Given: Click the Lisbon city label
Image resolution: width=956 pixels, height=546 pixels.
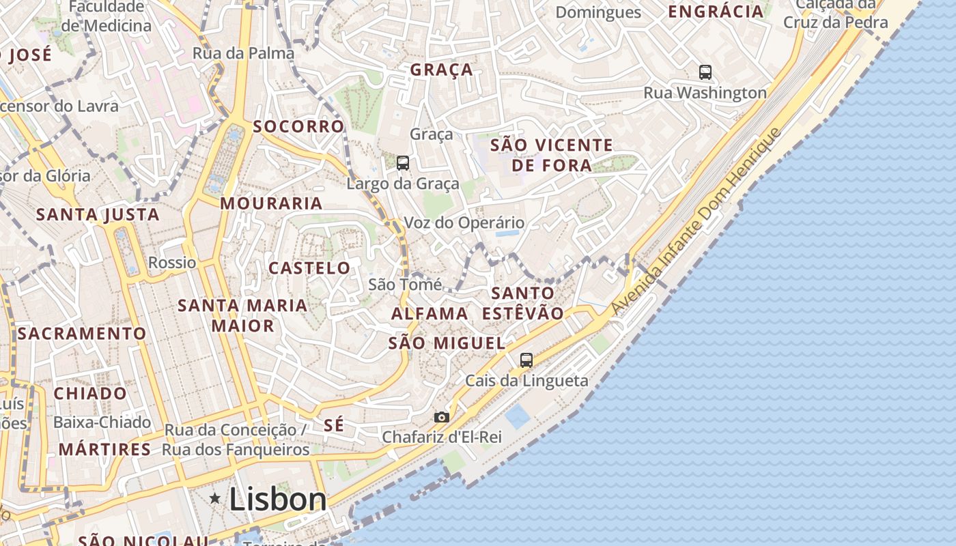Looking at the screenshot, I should coord(278,500).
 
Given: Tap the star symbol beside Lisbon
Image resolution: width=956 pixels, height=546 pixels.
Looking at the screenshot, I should coord(215,499).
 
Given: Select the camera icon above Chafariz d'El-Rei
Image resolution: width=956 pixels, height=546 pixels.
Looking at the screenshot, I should coord(442,417).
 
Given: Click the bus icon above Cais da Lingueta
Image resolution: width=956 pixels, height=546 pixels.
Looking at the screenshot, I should coord(526,360).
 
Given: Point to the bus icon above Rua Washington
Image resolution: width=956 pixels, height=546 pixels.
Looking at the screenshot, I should coord(705,72).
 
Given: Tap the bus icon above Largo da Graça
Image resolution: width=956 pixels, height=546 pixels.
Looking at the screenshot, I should coord(403,163).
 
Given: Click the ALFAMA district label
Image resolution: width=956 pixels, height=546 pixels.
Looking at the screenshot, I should coord(430,314).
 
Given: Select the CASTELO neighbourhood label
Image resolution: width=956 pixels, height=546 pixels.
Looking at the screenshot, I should coord(309,268).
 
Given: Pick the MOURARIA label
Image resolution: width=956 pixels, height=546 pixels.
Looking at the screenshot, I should coord(271,203).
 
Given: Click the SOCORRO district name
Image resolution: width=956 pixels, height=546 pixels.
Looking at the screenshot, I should coord(298,127).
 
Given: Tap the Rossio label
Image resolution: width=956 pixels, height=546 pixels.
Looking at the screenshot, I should coord(172,263).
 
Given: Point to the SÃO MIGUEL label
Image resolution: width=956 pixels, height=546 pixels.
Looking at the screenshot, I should coord(447,343).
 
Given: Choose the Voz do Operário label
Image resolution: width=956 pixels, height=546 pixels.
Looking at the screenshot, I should coord(464,223).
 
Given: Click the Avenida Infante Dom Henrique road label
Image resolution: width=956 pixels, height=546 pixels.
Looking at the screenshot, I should coord(696,221).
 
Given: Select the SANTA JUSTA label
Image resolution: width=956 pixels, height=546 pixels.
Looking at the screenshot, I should coord(98,215).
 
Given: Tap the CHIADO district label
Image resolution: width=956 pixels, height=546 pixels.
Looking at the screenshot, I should coord(90,394).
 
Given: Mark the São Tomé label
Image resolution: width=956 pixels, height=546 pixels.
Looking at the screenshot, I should coord(405,285).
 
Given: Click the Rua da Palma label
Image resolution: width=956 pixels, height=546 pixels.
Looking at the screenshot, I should coord(244,53).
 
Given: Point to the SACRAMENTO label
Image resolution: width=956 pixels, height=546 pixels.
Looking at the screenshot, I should coord(82,334).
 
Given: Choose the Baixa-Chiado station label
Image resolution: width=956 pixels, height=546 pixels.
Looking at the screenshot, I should coord(102,422).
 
